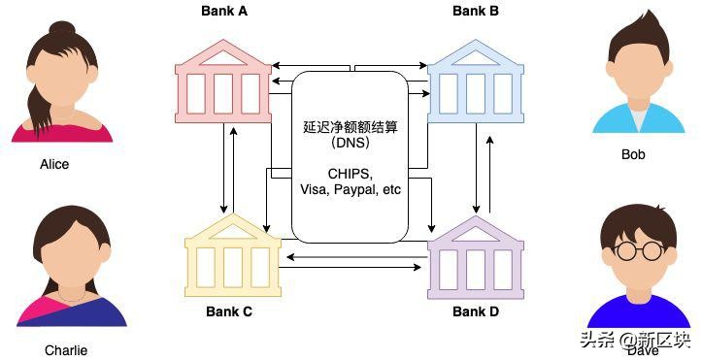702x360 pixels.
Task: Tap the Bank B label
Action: [x=476, y=12]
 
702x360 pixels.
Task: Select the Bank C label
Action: [x=228, y=311]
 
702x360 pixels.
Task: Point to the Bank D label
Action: [x=476, y=311]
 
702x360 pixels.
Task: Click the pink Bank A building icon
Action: [x=224, y=83]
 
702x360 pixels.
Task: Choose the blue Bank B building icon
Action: [x=476, y=83]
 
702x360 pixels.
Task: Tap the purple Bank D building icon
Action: [x=476, y=257]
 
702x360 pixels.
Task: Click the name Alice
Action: [x=54, y=164]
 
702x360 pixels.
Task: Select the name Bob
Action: [x=633, y=154]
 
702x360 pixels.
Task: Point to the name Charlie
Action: [x=65, y=350]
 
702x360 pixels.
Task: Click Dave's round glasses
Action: [x=640, y=251]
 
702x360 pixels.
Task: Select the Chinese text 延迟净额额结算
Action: [x=350, y=127]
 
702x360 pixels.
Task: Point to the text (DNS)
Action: [x=350, y=143]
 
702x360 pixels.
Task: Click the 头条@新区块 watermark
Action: [x=635, y=340]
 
